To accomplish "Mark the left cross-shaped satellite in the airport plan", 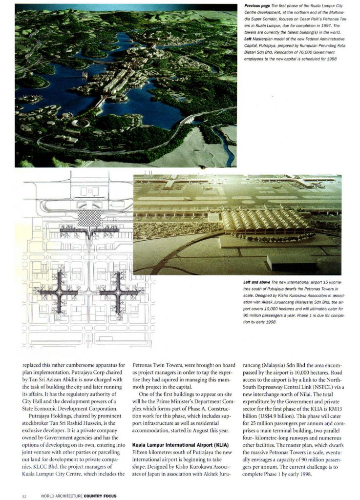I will [x=61, y=292].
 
